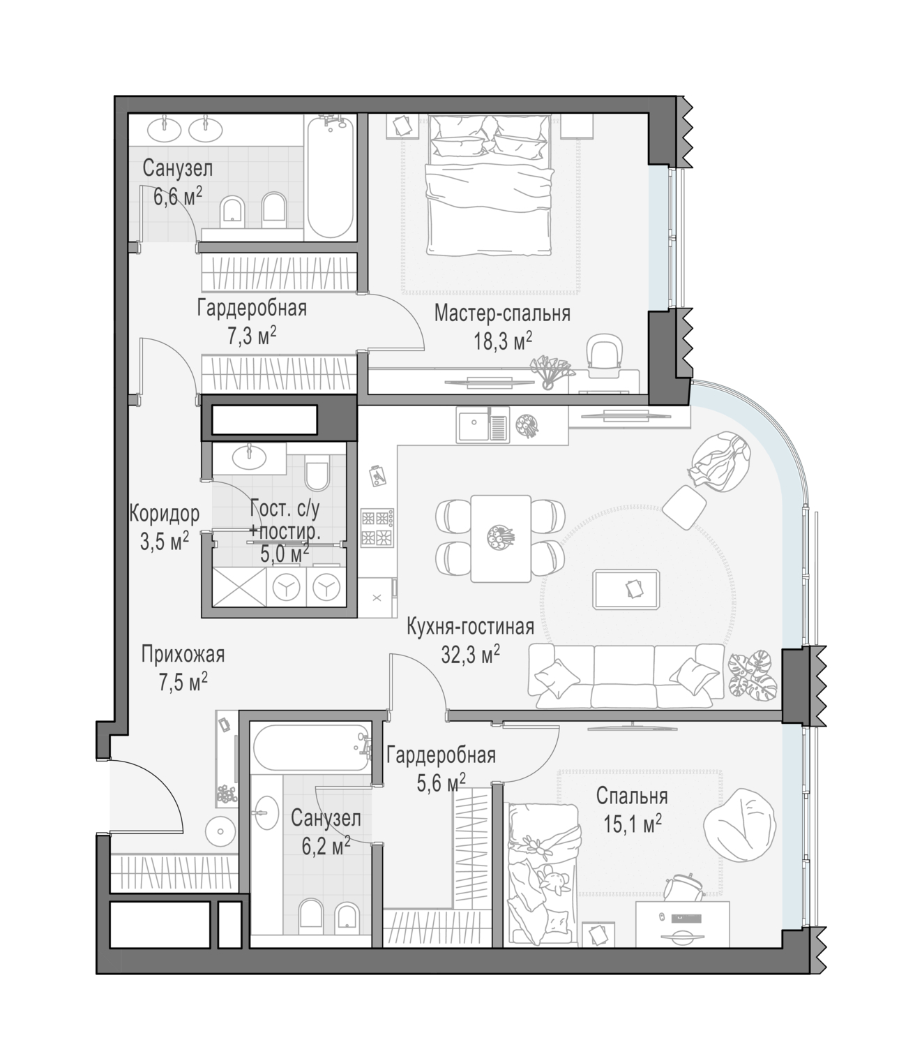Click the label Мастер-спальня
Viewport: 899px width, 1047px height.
pos(501,314)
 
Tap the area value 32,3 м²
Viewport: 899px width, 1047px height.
pos(470,655)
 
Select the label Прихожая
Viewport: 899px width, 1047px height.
pos(183,655)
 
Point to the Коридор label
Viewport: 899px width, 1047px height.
pos(165,514)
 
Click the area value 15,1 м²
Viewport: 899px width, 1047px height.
pos(633,824)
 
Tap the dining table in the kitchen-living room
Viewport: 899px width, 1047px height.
pos(501,538)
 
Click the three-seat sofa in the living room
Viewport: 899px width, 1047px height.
pos(626,675)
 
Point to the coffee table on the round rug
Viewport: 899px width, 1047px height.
pos(626,589)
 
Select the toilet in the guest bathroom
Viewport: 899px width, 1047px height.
pos(317,472)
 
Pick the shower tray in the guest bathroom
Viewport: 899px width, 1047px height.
pos(239,586)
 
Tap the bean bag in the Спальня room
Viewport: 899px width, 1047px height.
pos(739,825)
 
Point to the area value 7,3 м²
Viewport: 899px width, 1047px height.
pos(252,335)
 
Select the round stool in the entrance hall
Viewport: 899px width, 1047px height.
pos(220,831)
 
